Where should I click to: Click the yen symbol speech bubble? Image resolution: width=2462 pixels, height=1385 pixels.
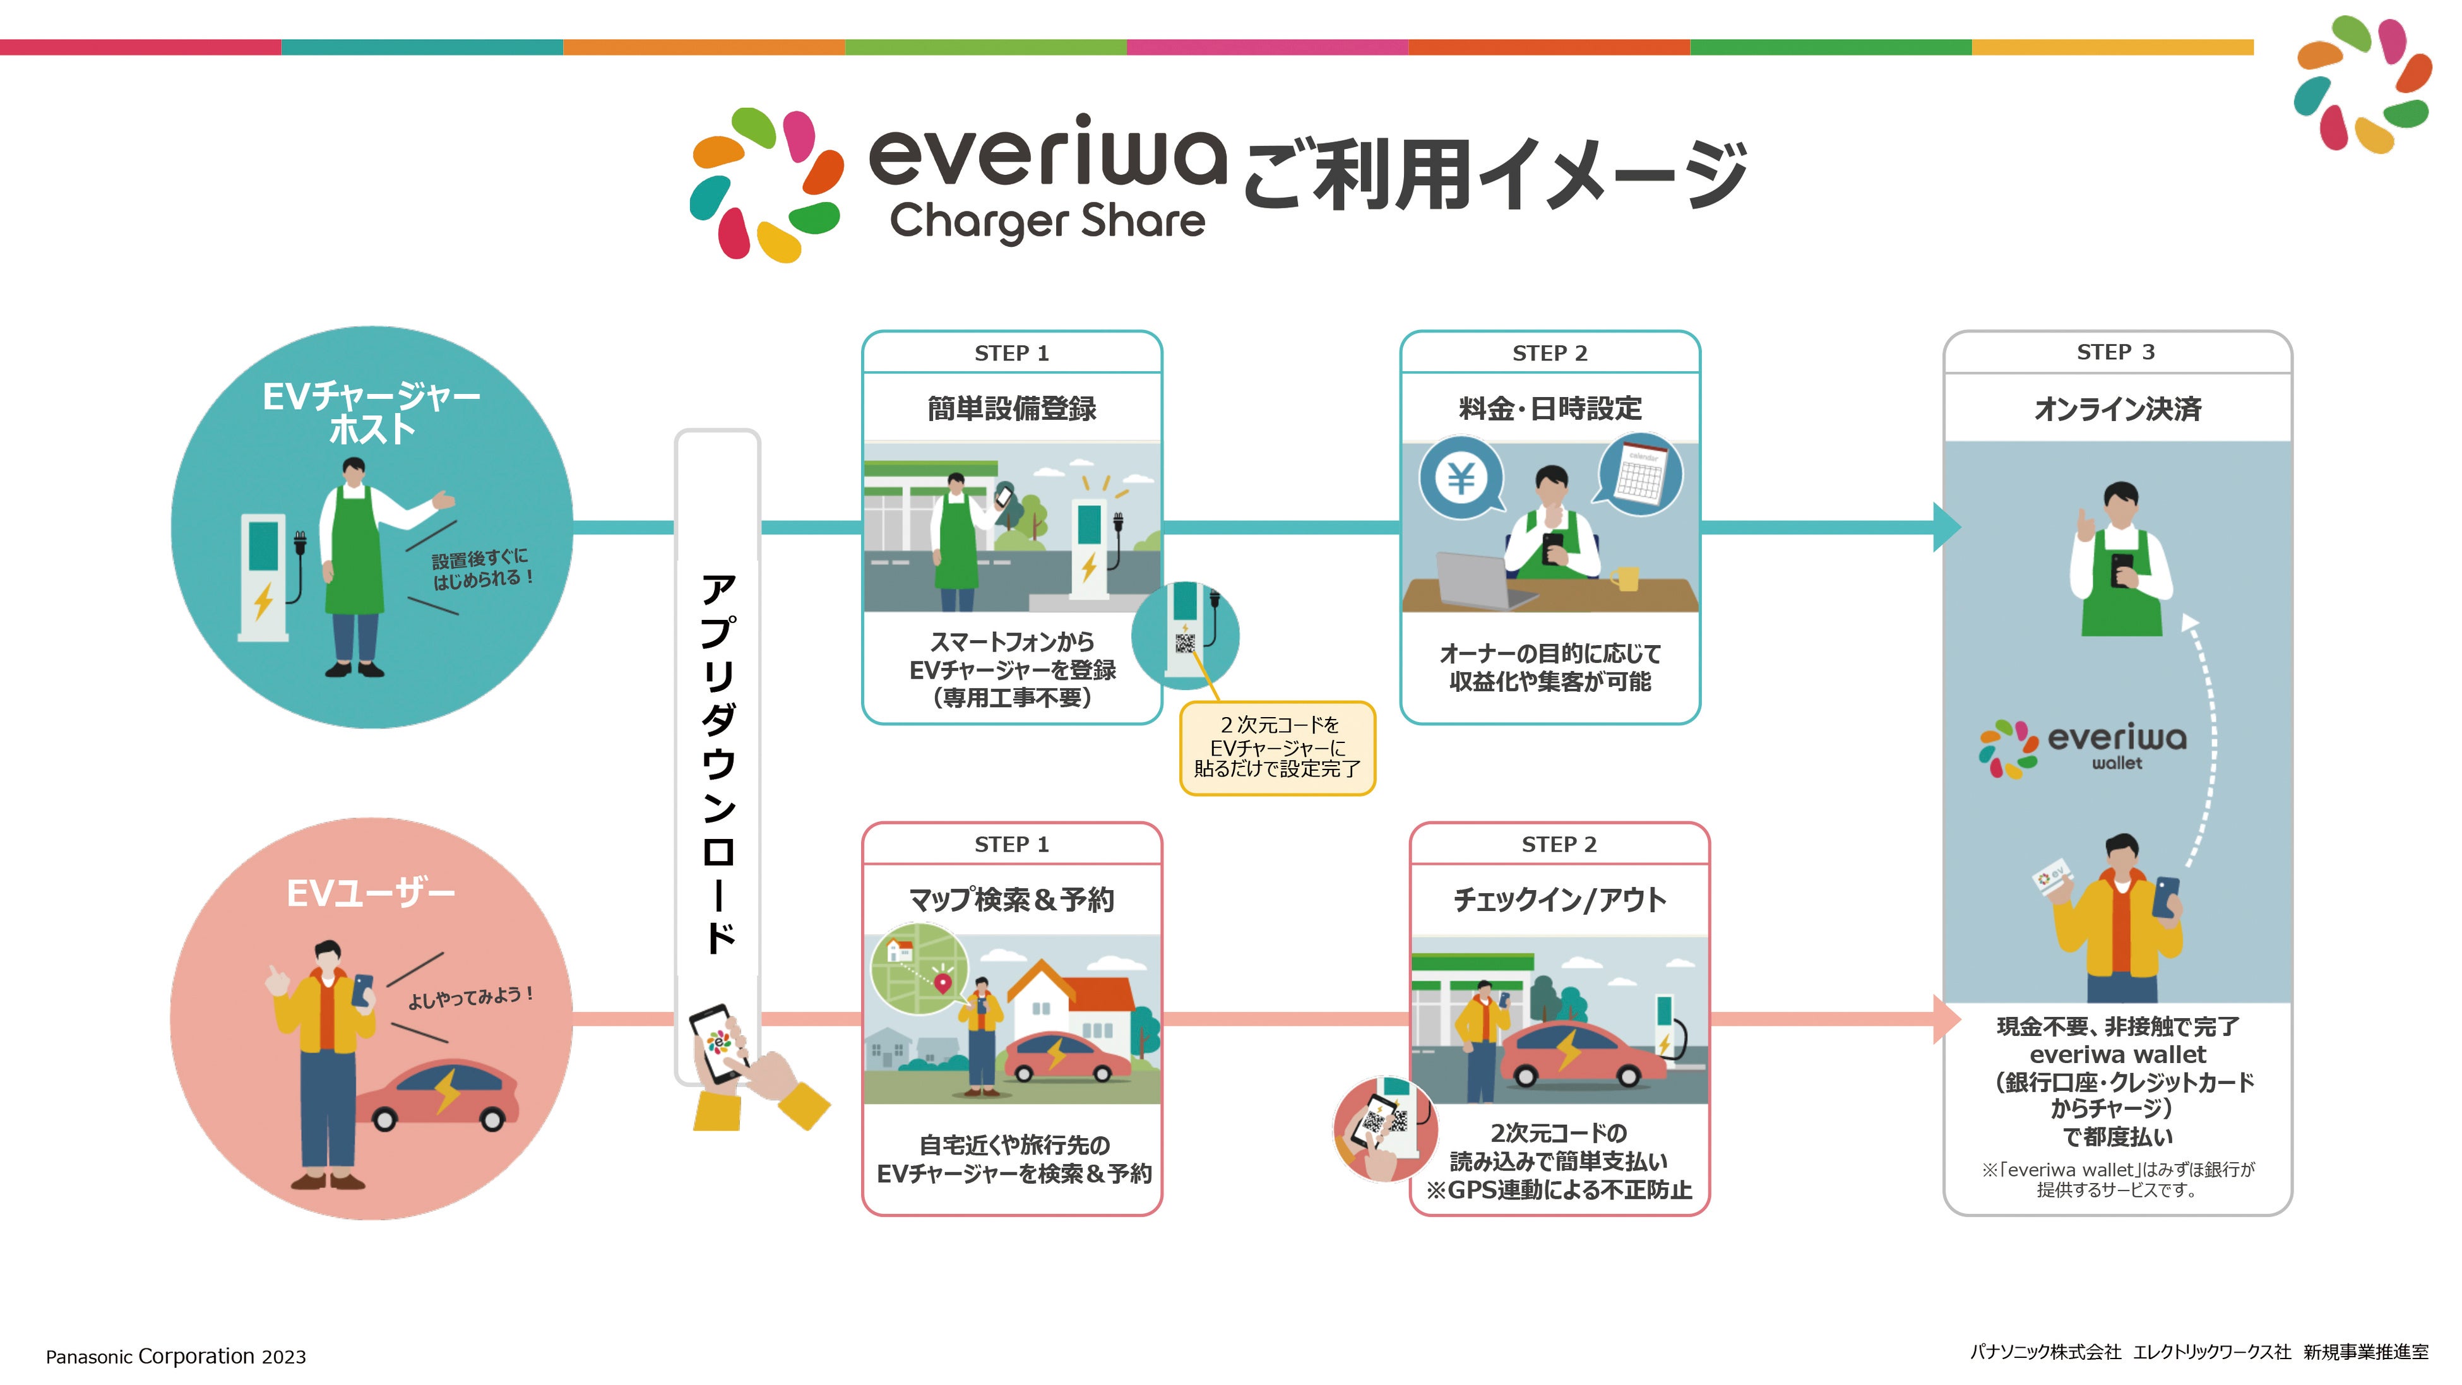(x=1460, y=478)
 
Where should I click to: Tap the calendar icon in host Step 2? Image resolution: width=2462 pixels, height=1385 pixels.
(x=1640, y=476)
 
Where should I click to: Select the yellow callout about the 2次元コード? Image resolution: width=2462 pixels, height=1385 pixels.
(x=1277, y=747)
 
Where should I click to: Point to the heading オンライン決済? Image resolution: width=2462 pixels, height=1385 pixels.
(x=2117, y=409)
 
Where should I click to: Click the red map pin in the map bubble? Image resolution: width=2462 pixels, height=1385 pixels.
(x=943, y=982)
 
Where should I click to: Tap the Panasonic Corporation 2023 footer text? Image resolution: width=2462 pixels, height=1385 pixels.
(x=176, y=1357)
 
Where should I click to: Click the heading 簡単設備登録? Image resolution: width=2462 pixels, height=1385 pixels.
(x=1011, y=409)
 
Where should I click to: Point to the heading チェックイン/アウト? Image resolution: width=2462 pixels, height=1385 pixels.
(x=1559, y=900)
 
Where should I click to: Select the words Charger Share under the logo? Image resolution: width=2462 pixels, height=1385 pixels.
(x=1047, y=222)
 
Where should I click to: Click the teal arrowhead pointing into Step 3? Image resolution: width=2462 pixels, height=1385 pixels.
(x=1946, y=526)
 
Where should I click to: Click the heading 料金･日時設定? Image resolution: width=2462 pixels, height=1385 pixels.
(x=1549, y=409)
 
